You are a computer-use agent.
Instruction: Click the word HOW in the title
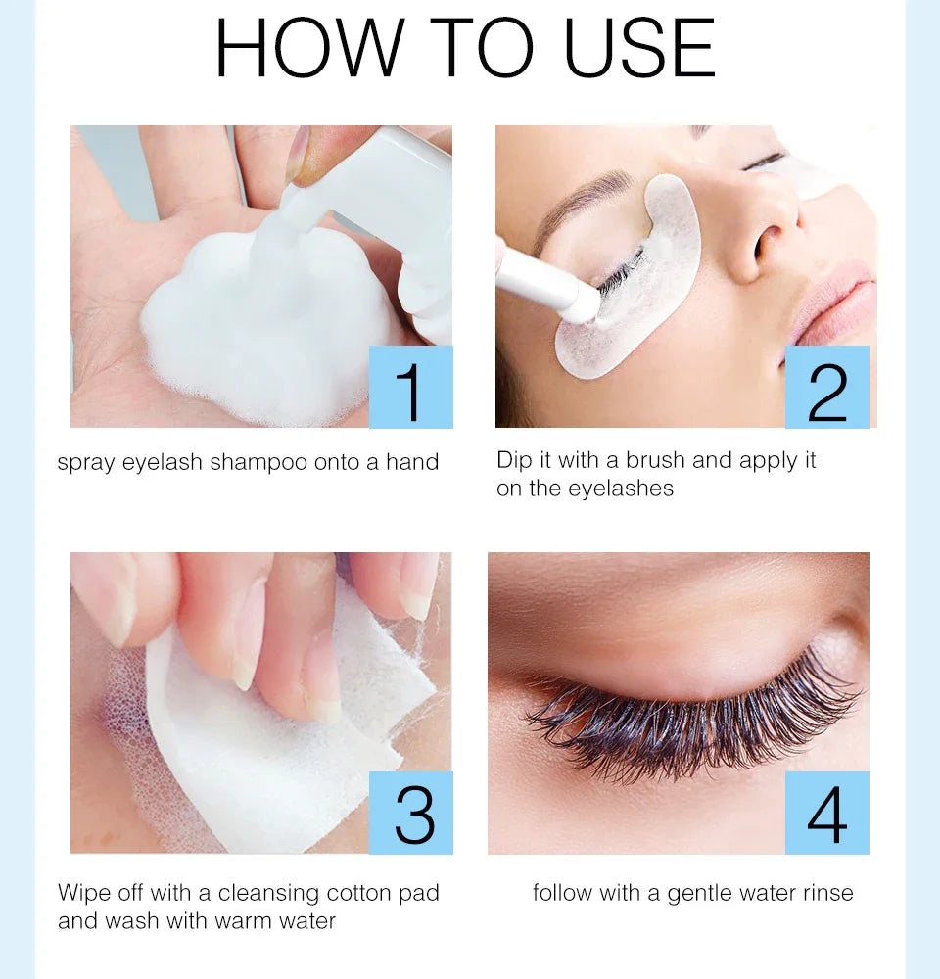[x=308, y=48]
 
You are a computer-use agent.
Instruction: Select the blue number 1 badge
[x=410, y=387]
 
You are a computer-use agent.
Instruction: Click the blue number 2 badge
[x=826, y=387]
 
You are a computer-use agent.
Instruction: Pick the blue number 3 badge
[x=410, y=813]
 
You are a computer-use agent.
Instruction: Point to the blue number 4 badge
[x=826, y=813]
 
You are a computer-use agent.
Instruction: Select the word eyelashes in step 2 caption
[x=617, y=489]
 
